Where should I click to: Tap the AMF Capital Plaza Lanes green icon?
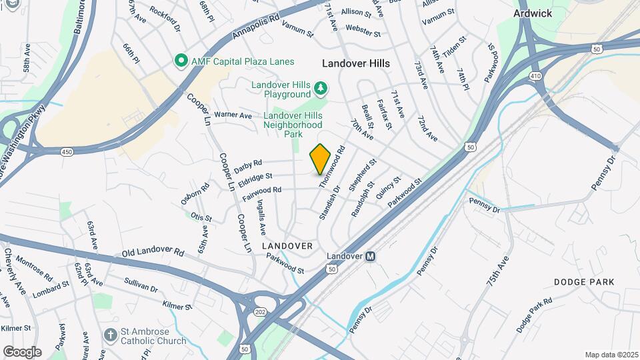pyautogui.click(x=180, y=62)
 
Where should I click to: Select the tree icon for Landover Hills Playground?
pyautogui.click(x=321, y=87)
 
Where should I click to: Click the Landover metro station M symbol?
pyautogui.click(x=371, y=256)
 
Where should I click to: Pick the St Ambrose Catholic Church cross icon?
pyautogui.click(x=111, y=334)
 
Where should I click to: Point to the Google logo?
pyautogui.click(x=22, y=351)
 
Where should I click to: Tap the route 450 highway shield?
pyautogui.click(x=67, y=152)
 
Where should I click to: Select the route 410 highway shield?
pyautogui.click(x=535, y=76)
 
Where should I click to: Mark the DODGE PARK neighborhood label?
pyautogui.click(x=584, y=282)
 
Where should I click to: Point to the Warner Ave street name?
pyautogui.click(x=233, y=115)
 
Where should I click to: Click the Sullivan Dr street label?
pyautogui.click(x=140, y=285)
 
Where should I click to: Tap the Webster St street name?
pyautogui.click(x=363, y=31)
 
